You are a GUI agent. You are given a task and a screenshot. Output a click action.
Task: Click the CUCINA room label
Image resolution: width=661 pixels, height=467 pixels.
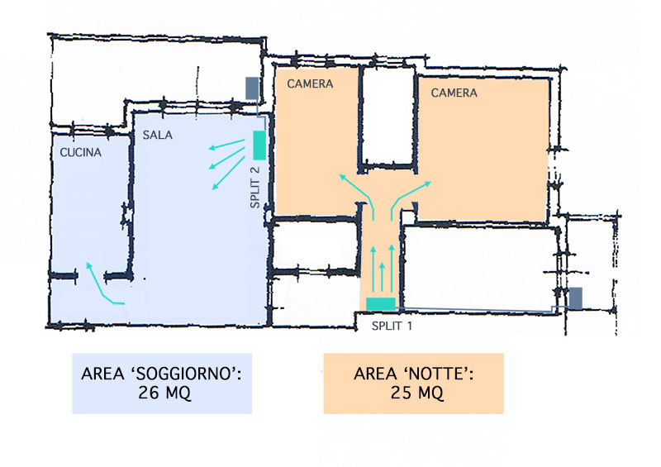(x=80, y=152)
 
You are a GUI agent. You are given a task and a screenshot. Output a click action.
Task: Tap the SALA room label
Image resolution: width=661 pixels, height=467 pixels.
(x=157, y=135)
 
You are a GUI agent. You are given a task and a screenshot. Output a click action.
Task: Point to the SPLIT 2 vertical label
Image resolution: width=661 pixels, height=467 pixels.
(x=255, y=188)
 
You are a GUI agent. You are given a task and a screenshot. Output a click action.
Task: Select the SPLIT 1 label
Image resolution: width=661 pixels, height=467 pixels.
(x=392, y=326)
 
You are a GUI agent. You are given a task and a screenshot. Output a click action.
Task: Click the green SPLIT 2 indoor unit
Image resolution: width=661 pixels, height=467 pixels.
(x=259, y=145)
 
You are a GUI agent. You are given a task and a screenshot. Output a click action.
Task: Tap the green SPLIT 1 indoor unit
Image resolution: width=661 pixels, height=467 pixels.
(x=381, y=303)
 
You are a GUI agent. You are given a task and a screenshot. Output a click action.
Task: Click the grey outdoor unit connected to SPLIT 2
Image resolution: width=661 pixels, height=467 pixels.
(x=252, y=88)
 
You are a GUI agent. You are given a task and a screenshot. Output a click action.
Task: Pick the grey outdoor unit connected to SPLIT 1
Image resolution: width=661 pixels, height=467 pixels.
(x=576, y=298)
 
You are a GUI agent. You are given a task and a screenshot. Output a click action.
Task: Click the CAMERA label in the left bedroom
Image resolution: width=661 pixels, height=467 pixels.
(x=310, y=83)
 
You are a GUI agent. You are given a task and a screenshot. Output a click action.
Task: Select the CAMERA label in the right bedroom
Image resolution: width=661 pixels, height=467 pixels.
(x=454, y=93)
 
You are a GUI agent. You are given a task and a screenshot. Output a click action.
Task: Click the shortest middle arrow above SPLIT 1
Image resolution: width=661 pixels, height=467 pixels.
(x=383, y=277)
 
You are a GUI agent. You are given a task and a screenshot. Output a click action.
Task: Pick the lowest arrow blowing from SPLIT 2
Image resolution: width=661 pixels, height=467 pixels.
(x=229, y=173)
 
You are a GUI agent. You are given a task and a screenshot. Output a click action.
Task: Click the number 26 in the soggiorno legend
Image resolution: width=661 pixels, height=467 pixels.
(x=149, y=393)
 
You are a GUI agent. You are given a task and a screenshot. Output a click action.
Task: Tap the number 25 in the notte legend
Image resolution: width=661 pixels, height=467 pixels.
(x=401, y=393)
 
